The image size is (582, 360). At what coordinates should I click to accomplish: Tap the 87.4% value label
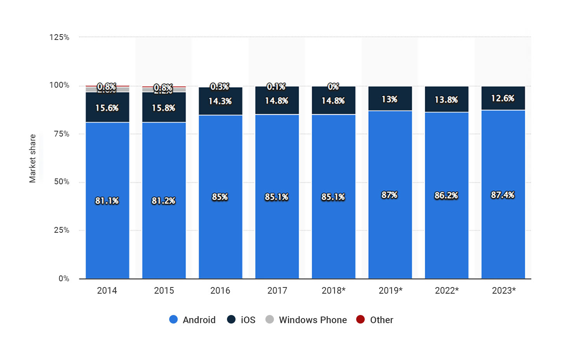click(502, 195)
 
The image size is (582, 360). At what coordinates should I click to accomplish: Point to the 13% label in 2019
click(389, 99)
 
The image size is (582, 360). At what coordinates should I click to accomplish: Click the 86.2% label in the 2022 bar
click(446, 195)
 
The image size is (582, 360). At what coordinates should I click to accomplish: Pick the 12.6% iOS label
click(502, 98)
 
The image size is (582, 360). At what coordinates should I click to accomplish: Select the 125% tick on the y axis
click(59, 37)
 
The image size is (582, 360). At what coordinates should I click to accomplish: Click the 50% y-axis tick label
click(61, 182)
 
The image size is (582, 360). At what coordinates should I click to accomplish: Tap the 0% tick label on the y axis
click(64, 279)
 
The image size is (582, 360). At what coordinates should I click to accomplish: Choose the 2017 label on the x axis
click(277, 291)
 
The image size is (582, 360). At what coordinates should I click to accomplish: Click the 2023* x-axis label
click(504, 291)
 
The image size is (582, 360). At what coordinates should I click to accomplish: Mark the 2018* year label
click(333, 291)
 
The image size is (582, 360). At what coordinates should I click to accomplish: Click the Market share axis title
click(33, 158)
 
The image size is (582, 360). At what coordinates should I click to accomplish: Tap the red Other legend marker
click(360, 319)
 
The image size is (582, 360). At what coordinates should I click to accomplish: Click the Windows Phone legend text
click(313, 320)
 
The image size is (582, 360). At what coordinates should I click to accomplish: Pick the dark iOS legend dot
click(231, 319)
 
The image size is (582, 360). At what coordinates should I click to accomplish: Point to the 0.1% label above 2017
click(276, 87)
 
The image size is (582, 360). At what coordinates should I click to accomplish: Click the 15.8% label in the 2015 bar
click(163, 108)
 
